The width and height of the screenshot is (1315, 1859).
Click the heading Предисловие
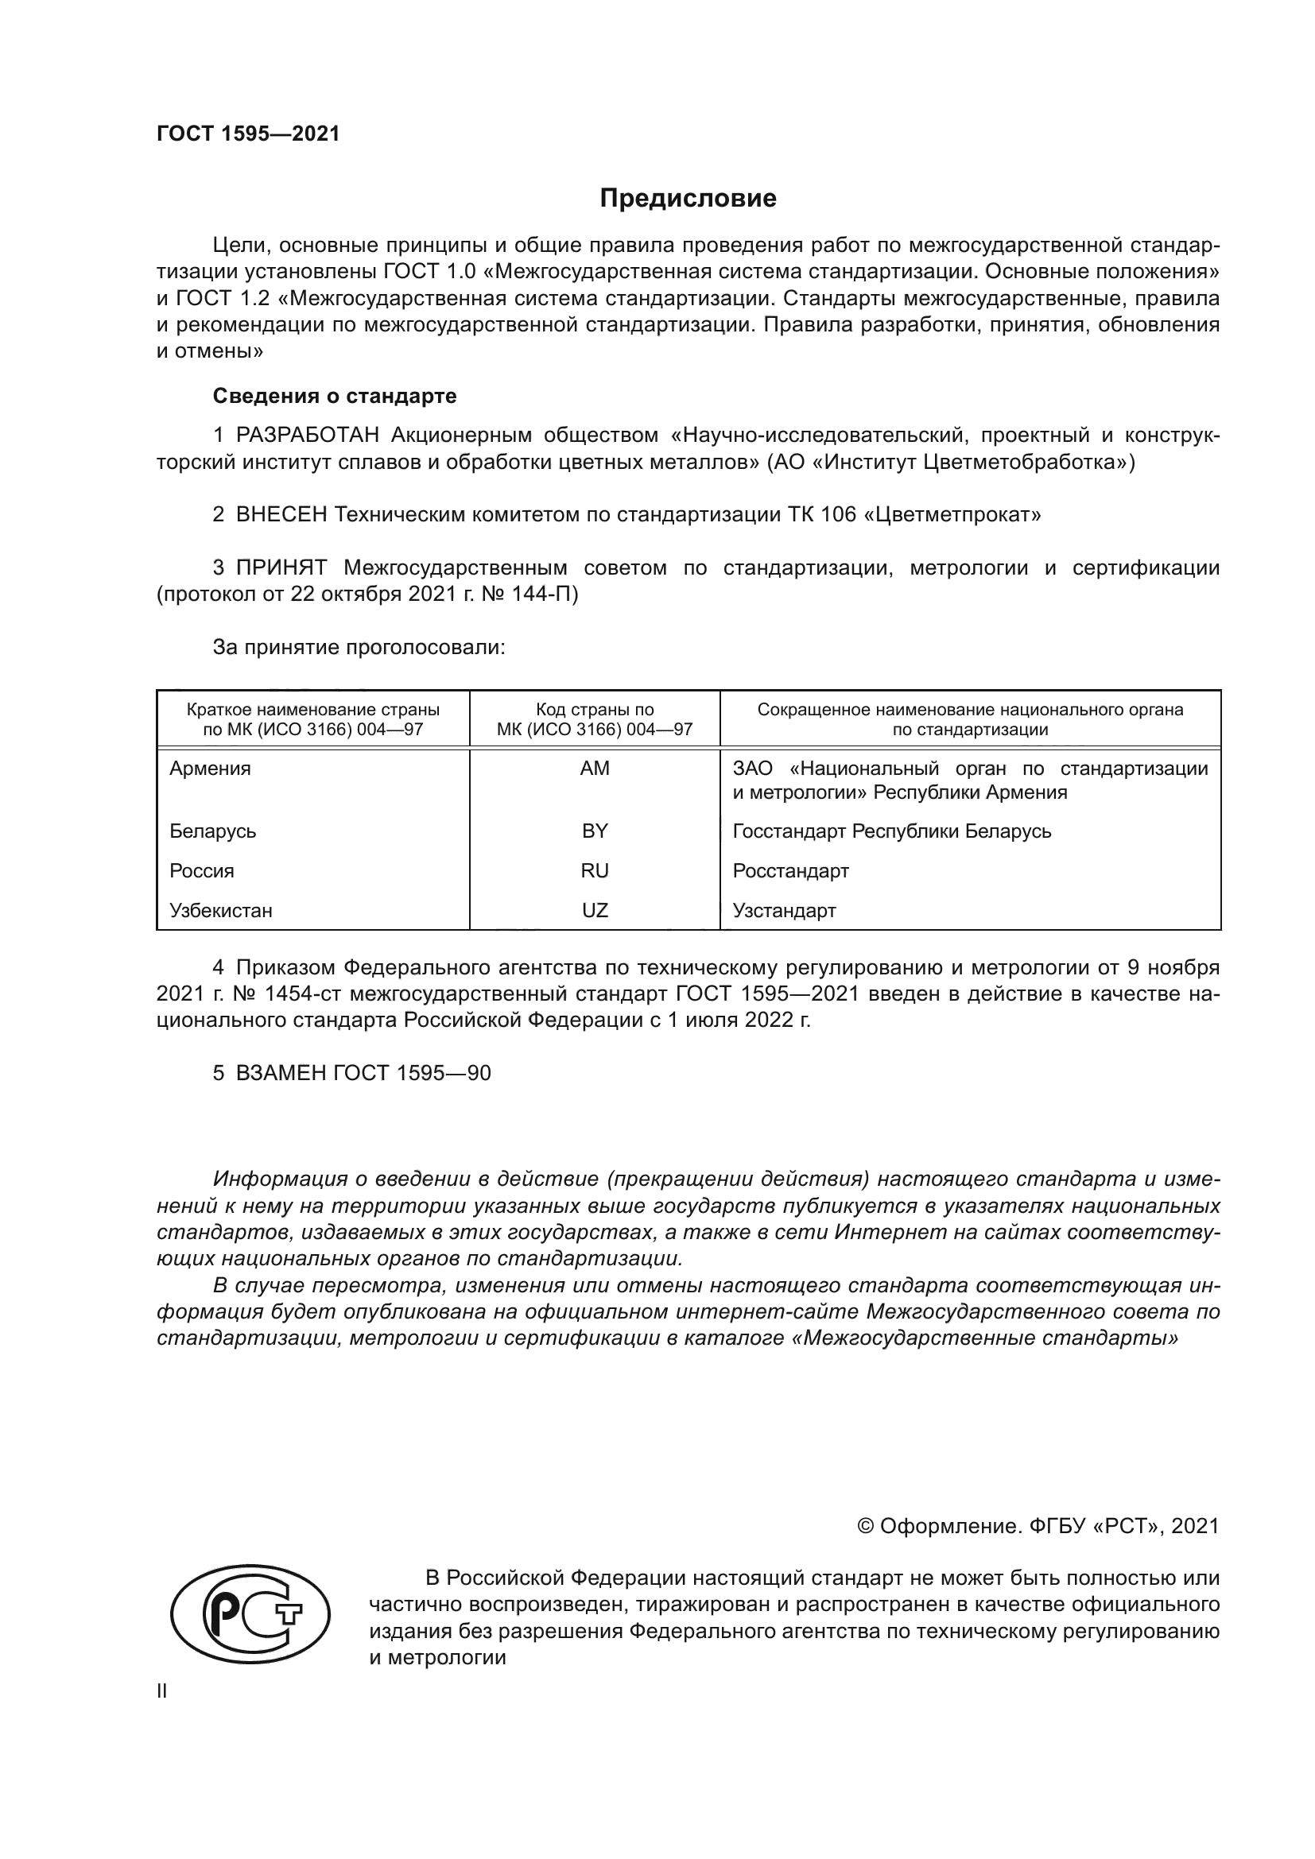pos(688,199)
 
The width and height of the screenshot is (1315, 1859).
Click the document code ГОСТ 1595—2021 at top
pos(248,134)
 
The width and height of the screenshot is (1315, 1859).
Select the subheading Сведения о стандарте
pos(335,396)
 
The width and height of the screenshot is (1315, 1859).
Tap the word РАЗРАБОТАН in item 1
pos(307,436)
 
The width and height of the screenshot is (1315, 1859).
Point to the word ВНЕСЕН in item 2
pos(281,515)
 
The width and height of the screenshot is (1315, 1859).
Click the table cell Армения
pos(210,769)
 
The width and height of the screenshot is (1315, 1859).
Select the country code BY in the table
pos(595,831)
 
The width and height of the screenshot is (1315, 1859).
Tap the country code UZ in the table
pos(595,911)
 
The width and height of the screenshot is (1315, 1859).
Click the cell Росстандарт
pos(790,871)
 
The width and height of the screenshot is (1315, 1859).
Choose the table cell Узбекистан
pos(220,911)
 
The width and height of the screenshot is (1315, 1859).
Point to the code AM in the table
pos(595,769)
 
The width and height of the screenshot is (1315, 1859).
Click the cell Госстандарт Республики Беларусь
pos(891,831)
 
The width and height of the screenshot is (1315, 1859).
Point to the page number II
pos(162,1691)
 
